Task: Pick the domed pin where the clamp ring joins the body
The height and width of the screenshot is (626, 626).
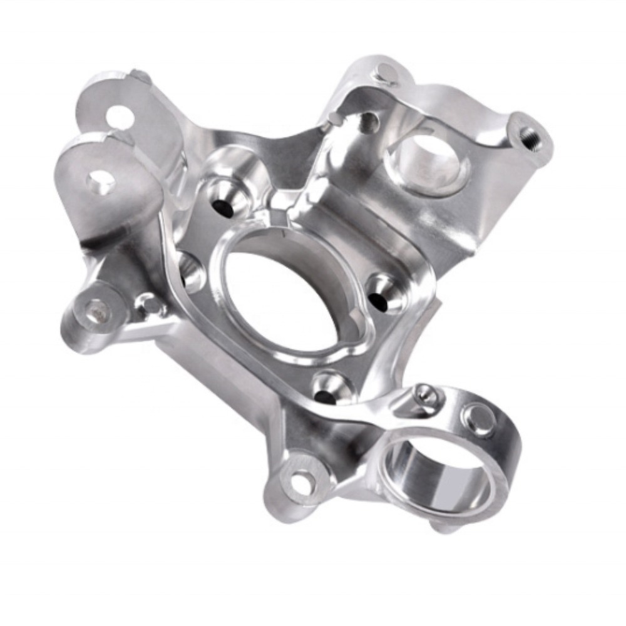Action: point(426,394)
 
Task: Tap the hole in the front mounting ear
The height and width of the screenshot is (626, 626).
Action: point(100,180)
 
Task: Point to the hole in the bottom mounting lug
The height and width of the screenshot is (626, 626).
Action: point(302,481)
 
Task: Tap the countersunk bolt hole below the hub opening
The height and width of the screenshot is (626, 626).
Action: point(326,393)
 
